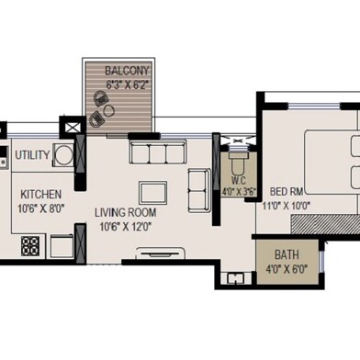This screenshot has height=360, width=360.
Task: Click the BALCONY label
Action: (127, 71)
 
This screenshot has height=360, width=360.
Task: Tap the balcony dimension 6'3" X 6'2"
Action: (129, 84)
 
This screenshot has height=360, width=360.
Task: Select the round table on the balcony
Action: (108, 110)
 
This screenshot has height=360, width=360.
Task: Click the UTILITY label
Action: (32, 155)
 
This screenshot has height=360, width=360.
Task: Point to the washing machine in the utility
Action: (63, 155)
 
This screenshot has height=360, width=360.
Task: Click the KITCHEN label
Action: (41, 195)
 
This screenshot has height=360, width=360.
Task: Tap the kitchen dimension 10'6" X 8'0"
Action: (40, 208)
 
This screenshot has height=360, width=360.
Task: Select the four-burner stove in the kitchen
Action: (30, 246)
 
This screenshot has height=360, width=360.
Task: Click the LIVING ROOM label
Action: (126, 212)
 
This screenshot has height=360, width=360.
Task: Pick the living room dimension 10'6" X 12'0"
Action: (126, 227)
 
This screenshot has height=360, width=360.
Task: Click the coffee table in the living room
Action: (152, 193)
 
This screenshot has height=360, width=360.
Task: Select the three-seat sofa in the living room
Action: (158, 152)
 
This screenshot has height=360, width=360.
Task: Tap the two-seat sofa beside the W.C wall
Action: (199, 190)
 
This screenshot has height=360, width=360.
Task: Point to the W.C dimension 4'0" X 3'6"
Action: (239, 192)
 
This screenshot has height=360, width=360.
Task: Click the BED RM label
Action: (287, 192)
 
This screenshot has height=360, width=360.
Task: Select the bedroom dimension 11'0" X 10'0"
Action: (287, 206)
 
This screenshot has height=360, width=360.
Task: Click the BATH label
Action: (287, 255)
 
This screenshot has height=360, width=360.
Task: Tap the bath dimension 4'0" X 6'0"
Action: (287, 270)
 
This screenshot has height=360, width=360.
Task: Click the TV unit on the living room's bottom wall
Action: (160, 253)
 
